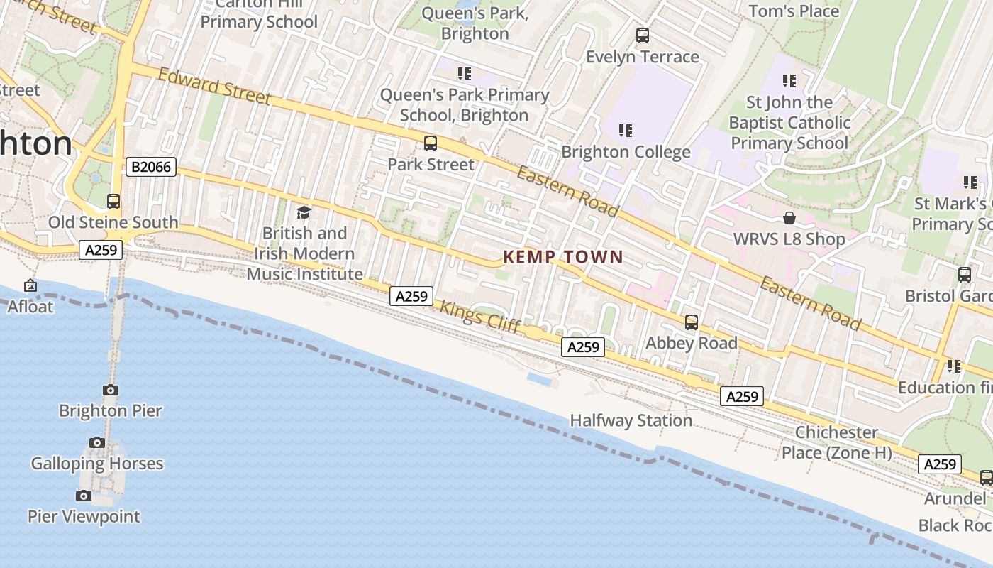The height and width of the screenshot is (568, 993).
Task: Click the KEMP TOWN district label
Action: click(562, 257)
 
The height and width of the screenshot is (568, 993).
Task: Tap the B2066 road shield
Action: click(151, 168)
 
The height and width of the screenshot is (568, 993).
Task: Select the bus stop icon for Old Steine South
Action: click(113, 202)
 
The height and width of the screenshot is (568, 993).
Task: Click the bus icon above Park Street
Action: click(431, 143)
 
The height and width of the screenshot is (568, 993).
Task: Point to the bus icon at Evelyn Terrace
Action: click(643, 35)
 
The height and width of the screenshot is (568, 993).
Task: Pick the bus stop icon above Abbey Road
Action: click(692, 322)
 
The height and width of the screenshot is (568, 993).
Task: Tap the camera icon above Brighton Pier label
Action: click(110, 390)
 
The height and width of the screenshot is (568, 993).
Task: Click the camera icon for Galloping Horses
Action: click(97, 443)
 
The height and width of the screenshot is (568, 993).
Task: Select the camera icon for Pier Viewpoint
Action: click(84, 496)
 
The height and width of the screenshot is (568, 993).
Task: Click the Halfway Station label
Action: click(631, 420)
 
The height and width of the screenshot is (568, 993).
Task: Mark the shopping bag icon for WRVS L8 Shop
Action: click(789, 218)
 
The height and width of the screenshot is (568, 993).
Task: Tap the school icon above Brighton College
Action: click(625, 131)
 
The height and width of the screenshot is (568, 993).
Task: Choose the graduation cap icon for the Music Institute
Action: click(304, 212)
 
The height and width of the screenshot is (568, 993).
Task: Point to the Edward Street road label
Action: click(214, 86)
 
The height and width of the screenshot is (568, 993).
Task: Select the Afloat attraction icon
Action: click(30, 286)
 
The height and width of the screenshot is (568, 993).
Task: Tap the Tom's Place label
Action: click(794, 11)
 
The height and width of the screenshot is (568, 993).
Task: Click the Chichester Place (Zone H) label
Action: click(836, 442)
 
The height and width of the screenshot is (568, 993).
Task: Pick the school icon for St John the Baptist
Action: click(789, 81)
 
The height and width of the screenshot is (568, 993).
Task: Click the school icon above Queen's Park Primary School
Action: click(465, 74)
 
